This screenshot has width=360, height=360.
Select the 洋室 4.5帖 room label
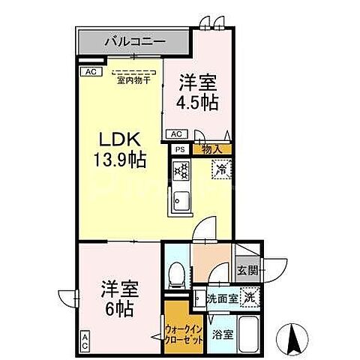tap(199, 92)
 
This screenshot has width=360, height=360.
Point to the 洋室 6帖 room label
tap(118, 295)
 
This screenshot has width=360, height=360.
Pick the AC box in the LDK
tap(90, 71)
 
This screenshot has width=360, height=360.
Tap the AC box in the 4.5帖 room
tap(177, 134)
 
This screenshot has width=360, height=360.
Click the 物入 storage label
tap(212, 149)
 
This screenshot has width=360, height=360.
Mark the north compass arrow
tap(295, 338)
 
